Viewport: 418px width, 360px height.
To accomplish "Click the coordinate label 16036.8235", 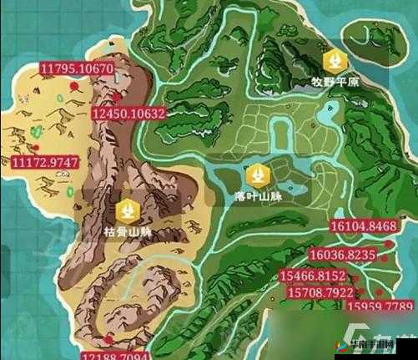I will click(342, 255).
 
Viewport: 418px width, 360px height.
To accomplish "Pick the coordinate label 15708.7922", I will click(320, 292).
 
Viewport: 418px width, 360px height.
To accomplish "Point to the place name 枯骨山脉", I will click(127, 231).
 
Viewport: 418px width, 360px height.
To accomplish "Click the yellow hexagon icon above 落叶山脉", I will click(255, 175).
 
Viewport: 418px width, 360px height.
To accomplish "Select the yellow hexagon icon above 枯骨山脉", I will click(127, 209).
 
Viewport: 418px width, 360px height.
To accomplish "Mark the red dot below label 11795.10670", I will click(75, 84).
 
